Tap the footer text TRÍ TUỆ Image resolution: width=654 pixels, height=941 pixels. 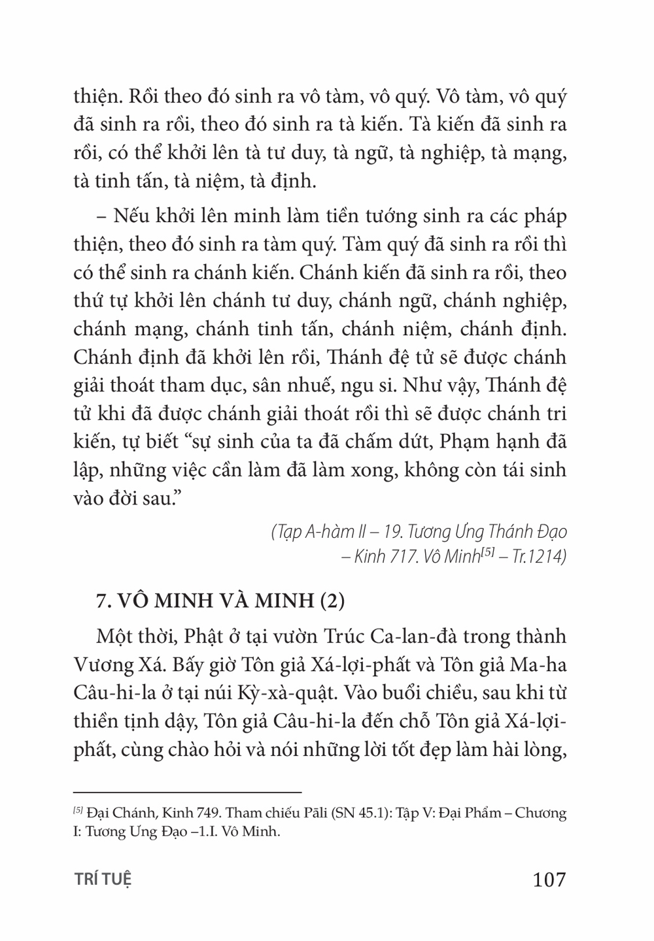coord(103,880)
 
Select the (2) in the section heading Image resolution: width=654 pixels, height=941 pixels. coord(332,601)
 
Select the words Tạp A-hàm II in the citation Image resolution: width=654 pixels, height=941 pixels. coord(318,532)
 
